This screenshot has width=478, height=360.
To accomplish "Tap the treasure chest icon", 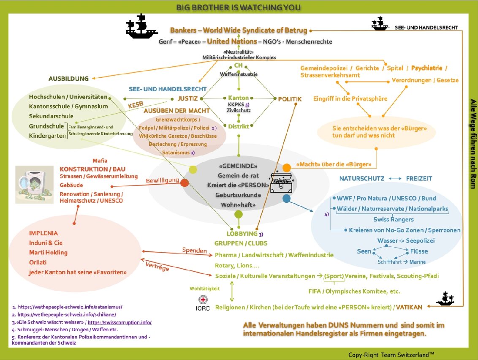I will click(282, 183).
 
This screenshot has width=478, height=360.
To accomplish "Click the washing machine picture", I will click(34, 184).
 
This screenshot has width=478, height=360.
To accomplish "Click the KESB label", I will click(136, 105).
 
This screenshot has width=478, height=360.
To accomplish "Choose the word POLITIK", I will click(290, 99).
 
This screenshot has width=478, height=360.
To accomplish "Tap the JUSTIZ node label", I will click(187, 98).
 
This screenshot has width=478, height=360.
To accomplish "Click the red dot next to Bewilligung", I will click(185, 183).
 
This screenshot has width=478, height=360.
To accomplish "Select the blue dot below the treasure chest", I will click(286, 199).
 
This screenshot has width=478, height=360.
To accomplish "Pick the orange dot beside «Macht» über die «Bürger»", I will click(287, 168).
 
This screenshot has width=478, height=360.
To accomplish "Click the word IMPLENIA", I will click(43, 233).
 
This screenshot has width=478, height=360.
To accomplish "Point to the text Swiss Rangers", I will click(394, 219).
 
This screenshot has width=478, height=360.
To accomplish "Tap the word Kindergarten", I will click(48, 136).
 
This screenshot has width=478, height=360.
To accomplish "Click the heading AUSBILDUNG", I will click(68, 79).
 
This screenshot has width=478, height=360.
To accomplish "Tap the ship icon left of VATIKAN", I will click(445, 299).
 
